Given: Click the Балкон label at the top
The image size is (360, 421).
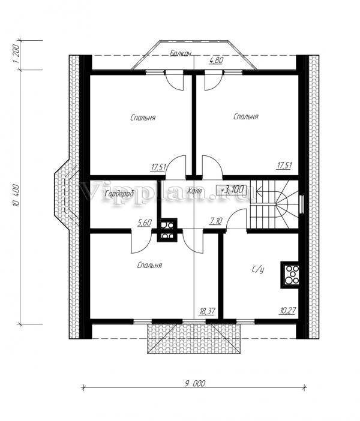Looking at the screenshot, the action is pyautogui.click(x=180, y=54).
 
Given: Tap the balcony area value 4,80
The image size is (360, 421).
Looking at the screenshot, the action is pyautogui.click(x=216, y=61).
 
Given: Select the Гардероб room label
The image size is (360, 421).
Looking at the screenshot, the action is pyautogui.click(x=119, y=194).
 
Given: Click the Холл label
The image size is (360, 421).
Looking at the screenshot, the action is pyautogui.click(x=195, y=191).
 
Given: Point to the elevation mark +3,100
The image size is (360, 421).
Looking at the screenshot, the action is pyautogui.click(x=232, y=190).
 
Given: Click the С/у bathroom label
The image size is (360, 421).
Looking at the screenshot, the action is pyautogui.click(x=258, y=269).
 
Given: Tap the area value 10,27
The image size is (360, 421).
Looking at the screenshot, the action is pyautogui.click(x=287, y=311).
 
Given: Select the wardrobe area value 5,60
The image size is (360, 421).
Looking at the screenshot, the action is pyautogui.click(x=145, y=222).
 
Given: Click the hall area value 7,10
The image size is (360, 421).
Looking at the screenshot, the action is pyautogui.click(x=215, y=221).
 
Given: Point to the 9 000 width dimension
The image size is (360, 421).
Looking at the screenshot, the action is pyautogui.click(x=195, y=383).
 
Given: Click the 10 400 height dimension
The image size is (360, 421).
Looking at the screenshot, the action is pyautogui.click(x=16, y=195).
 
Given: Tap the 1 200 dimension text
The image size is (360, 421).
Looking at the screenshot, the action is pyautogui.click(x=16, y=54).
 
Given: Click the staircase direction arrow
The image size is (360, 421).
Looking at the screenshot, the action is pyautogui.click(x=269, y=191).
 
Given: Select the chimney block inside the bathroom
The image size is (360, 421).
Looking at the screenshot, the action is pyautogui.click(x=290, y=275).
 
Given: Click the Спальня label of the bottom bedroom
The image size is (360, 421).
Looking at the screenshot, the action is pyautogui.click(x=149, y=266).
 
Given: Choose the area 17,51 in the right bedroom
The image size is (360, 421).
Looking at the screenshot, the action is pyautogui.click(x=284, y=166).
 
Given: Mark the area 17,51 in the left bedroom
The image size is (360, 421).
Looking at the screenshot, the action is pyautogui.click(x=158, y=167).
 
